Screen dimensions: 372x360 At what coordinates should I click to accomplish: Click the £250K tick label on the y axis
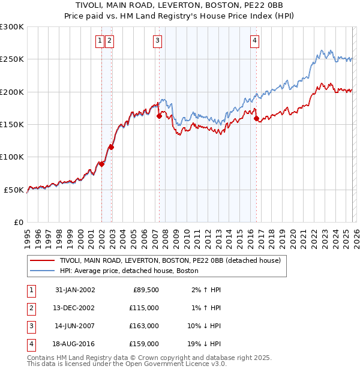12,59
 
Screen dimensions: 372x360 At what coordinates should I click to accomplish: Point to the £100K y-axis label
12,157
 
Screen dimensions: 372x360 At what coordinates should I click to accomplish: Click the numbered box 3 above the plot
157,41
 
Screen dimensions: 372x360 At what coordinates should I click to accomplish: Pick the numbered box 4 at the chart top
255,41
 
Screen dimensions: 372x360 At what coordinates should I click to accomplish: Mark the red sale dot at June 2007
159,116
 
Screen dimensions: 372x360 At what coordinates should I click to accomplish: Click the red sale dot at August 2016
256,119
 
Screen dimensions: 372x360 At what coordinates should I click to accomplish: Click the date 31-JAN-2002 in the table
75,290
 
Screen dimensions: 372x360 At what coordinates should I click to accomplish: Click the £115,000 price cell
145,308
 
